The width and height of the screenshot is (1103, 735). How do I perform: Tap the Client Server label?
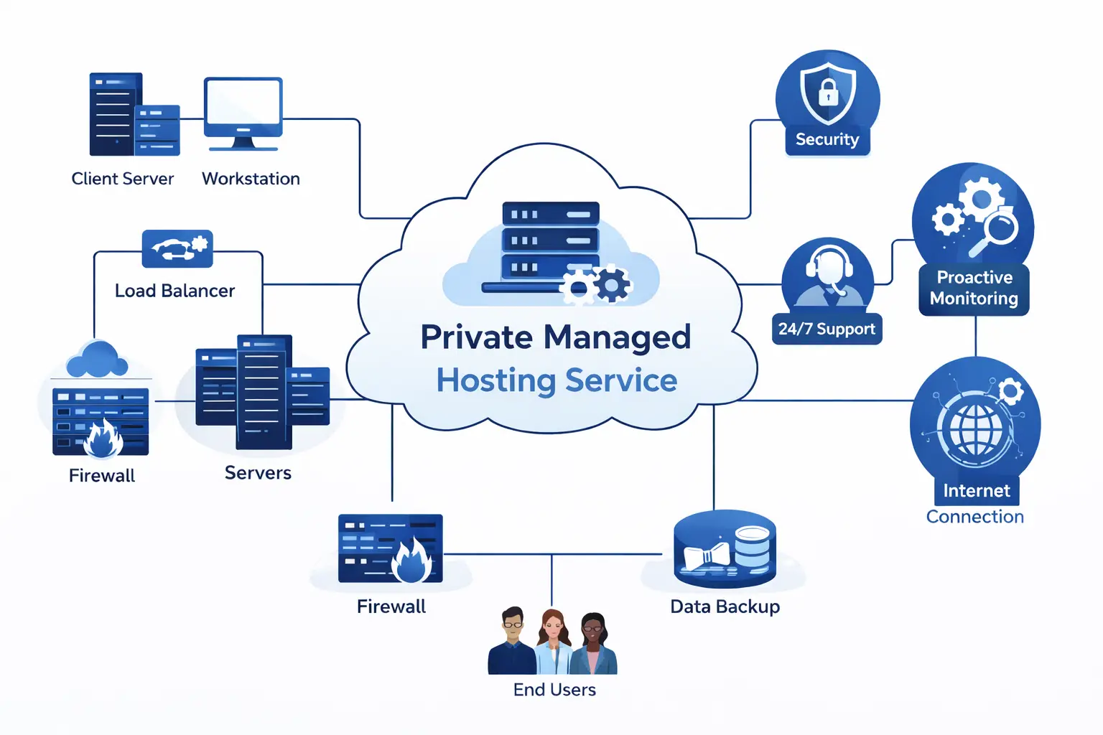pos(123,179)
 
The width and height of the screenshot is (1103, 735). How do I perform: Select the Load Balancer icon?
pos(177,248)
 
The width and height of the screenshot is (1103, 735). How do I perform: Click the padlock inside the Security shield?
pos(828,93)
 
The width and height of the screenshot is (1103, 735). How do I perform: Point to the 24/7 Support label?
pos(827,329)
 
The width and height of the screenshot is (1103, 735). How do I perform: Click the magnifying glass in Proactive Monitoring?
pos(997,230)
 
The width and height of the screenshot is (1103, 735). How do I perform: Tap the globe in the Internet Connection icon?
pos(975,429)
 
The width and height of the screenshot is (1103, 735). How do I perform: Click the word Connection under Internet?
pos(974,517)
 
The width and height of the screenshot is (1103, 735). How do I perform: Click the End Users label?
pos(554,690)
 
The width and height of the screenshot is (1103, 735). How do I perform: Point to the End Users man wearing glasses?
pos(512,641)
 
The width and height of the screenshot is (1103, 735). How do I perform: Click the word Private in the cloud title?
pos(477,337)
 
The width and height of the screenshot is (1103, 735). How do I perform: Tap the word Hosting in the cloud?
pos(495,380)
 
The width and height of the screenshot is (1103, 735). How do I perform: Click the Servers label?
pos(258,473)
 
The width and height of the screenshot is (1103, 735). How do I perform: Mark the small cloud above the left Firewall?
pos(97,360)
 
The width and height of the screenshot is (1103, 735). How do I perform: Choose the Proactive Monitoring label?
pos(974,288)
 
